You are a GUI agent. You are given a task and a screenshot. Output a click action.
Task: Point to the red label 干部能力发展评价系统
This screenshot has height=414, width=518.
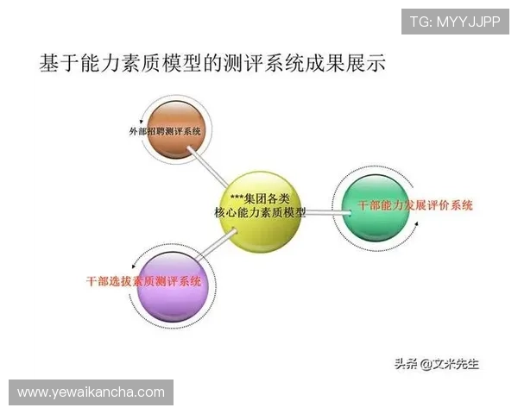pos(415,205)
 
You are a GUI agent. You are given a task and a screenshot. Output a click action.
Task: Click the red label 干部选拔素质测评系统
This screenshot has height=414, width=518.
pos(144,281)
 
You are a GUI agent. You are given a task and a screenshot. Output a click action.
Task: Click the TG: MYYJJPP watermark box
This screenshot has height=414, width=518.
pos(455,21)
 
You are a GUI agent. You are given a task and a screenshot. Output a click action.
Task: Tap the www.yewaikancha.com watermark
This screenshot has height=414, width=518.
pos(92,392)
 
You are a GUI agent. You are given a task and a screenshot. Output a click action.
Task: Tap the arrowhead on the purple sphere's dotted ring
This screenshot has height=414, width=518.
pos(136,263)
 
